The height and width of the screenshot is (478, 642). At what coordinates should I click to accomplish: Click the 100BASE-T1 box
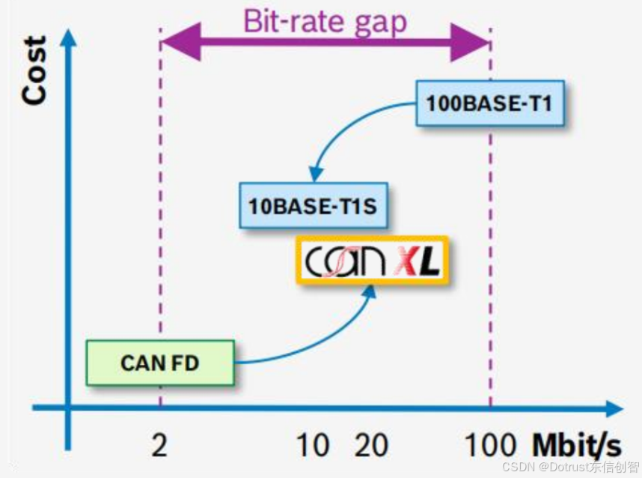point(489,103)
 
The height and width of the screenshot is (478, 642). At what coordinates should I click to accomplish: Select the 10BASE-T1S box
point(313,205)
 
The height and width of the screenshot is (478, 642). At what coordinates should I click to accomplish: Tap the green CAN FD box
point(160,362)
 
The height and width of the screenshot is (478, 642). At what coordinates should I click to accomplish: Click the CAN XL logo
point(373,260)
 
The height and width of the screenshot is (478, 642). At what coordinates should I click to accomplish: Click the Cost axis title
point(35,71)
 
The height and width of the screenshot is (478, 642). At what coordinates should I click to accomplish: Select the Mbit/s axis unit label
point(576,445)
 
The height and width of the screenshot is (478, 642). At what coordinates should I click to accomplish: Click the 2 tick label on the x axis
point(159,446)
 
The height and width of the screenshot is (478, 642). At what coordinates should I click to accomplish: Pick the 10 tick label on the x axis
point(313,446)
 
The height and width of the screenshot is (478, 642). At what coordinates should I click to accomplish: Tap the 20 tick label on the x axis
point(371,446)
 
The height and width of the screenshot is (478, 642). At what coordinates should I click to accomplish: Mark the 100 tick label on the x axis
point(491,446)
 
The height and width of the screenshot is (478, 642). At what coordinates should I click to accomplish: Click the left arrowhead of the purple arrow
point(180,41)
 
